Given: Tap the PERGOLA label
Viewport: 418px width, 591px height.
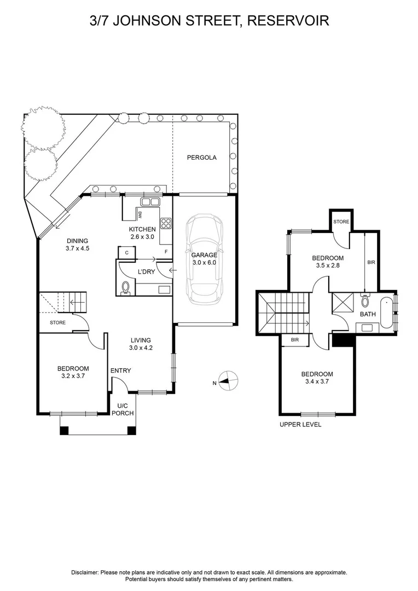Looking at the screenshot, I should pos(201,158).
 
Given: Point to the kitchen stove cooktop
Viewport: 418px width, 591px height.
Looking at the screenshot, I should pos(166,223).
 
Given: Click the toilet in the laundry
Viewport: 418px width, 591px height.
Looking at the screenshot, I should pos(125,287).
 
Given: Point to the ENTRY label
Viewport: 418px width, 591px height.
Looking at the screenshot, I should pos(120,371).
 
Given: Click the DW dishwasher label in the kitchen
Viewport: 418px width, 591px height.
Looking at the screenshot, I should pos(140,215).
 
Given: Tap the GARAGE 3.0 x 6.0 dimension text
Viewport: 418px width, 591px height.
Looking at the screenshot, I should pos(204,259).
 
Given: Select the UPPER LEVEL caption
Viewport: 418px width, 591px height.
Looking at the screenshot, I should pos(300,425).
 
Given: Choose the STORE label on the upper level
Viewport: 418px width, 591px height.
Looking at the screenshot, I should pos(341,222).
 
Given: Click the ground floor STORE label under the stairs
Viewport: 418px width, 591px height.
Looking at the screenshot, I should pos(57,323).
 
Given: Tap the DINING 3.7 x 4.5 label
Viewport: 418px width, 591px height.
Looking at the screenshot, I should pos(77,244).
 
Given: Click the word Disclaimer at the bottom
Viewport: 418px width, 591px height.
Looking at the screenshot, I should pos(84,572).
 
